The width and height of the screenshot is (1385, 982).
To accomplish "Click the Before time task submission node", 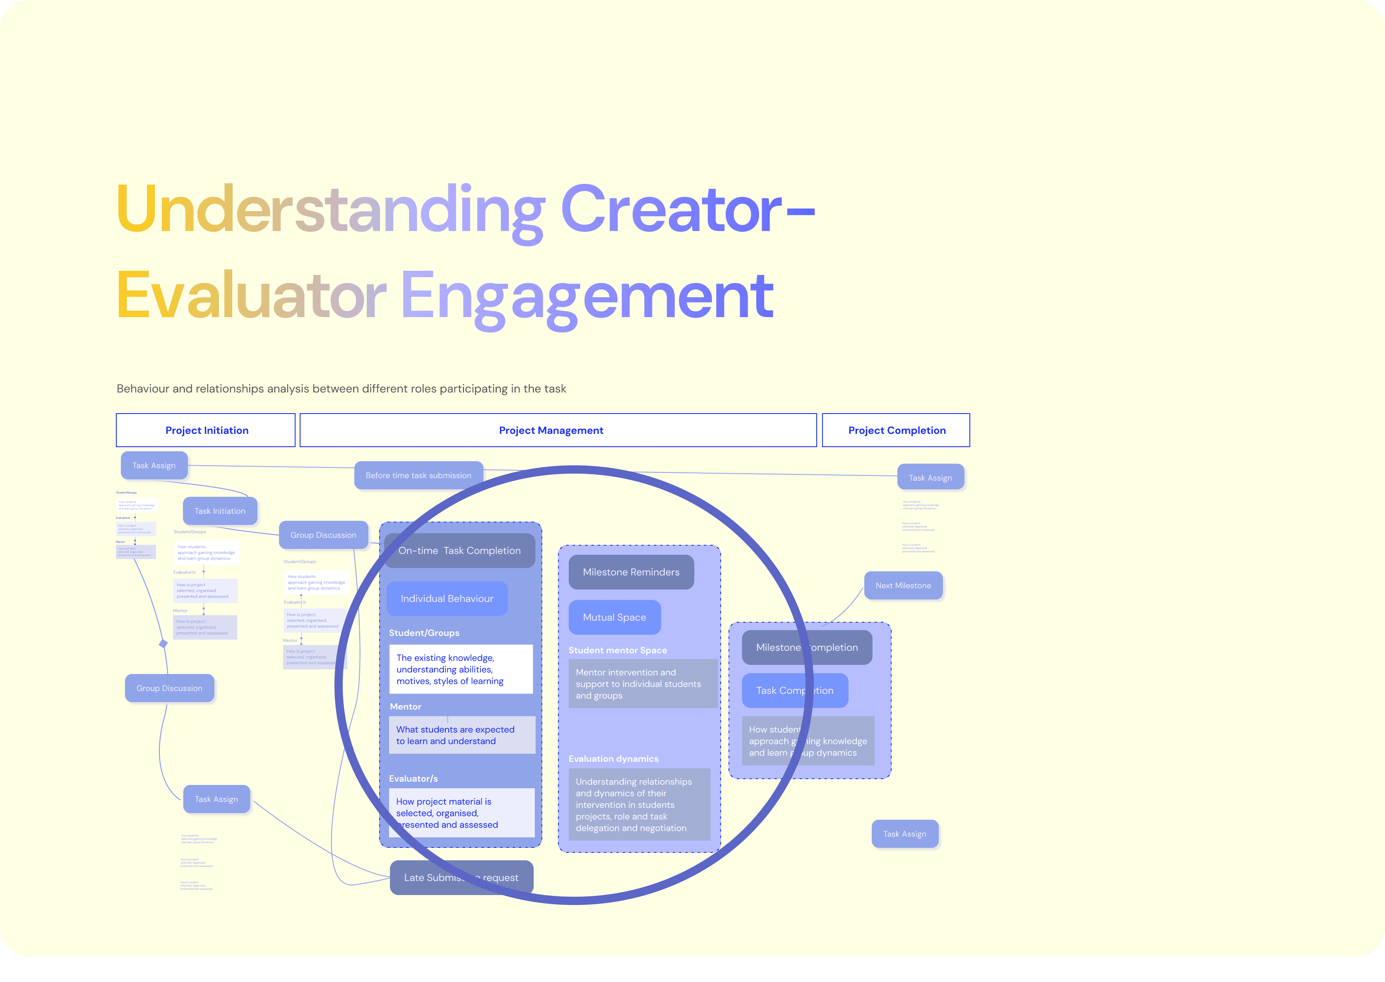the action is [418, 475].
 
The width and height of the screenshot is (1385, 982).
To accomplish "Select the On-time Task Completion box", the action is [459, 550].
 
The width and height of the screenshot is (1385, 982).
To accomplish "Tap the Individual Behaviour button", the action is [447, 599].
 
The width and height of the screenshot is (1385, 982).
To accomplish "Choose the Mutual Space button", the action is [614, 617].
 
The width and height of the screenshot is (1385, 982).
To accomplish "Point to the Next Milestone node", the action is [903, 585].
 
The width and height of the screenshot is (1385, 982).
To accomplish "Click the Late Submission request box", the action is [461, 877].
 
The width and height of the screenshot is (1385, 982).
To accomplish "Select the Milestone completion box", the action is [806, 647].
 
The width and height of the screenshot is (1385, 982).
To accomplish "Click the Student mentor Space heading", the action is [617, 650].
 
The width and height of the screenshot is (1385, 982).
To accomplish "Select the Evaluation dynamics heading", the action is [613, 759].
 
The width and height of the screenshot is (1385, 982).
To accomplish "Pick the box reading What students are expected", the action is [461, 735].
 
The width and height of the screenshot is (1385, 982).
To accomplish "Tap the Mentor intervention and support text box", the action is [642, 684].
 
